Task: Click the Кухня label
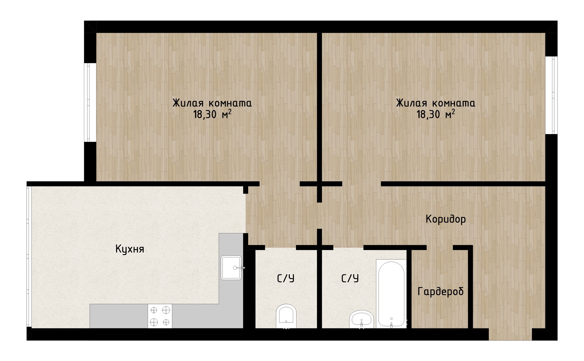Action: pos(130,249)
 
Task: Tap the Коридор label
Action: pos(446,219)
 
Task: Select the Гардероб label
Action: pos(441,291)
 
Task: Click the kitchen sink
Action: pos(231,268)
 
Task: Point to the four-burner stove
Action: pos(160,316)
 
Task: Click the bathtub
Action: pos(391,294)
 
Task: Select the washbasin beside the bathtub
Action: pos(362,319)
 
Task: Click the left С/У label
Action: pos(286,278)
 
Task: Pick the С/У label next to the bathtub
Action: pos(350,278)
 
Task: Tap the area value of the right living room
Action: pos(436,115)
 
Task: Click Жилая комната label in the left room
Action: pos(212,103)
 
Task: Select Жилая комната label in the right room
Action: pos(436,103)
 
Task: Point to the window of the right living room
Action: pos(551,95)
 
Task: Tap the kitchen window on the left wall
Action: pos(29,257)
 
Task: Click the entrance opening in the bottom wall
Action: pos(510,334)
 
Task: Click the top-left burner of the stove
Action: pos(154,310)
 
